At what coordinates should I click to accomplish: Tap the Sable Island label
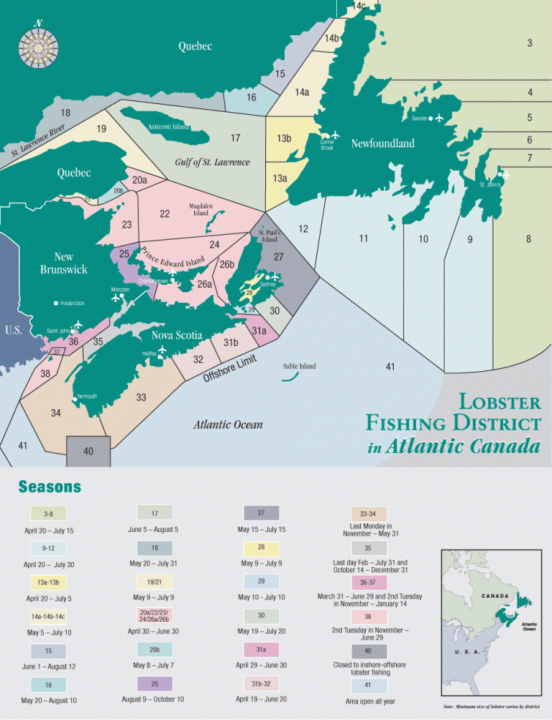pos(299,366)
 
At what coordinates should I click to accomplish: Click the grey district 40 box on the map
pos(88,451)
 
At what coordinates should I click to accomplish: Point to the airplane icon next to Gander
pos(438,118)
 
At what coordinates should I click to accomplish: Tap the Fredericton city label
pos(72,304)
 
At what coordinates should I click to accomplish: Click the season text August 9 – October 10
pos(155,699)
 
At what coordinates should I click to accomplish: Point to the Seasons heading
pos(50,487)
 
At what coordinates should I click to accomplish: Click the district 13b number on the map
pos(283,139)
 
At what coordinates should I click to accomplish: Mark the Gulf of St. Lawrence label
pos(212,162)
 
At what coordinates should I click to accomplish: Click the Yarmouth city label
pos(86,396)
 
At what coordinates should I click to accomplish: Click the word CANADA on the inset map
pos(494,597)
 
